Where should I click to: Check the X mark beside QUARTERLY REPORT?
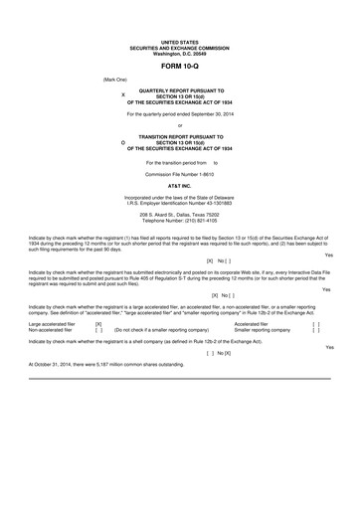121,95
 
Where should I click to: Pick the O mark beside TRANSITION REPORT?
121,142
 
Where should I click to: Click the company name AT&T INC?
180,186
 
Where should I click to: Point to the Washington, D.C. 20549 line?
180,51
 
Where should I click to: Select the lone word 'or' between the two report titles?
180,126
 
